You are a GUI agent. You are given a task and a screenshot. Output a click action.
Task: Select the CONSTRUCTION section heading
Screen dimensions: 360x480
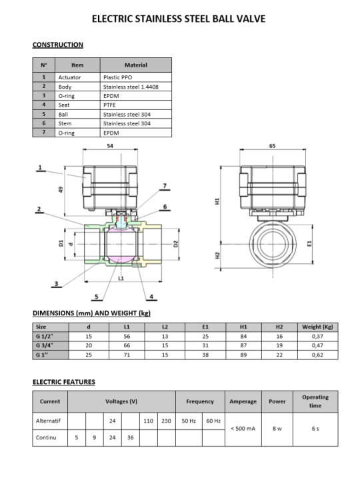tap(58, 45)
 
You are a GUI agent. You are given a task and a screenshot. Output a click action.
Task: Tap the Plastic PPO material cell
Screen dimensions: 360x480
tap(117, 77)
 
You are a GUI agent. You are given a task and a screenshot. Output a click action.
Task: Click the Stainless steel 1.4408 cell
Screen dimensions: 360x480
tap(131, 87)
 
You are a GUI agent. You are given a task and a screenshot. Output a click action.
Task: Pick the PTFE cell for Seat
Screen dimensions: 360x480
tap(109, 105)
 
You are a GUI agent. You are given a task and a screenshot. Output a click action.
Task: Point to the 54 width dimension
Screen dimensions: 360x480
tap(110, 146)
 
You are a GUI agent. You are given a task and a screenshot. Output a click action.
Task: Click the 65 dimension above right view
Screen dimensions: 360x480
tap(272, 146)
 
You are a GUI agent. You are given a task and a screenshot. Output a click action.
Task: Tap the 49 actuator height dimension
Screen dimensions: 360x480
tap(61, 189)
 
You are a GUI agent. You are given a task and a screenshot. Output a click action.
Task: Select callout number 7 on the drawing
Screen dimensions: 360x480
tap(165, 186)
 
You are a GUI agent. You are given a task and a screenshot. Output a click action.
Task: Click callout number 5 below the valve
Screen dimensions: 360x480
tap(97, 297)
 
